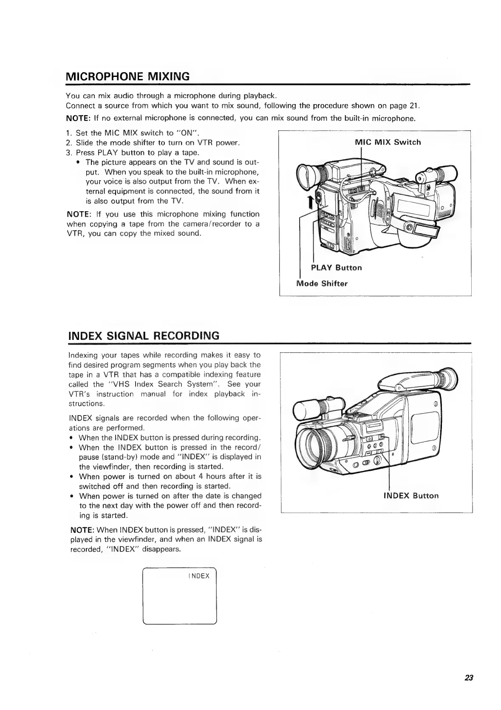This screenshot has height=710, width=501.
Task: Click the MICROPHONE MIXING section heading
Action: click(x=127, y=77)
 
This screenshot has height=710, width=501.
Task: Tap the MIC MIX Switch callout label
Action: click(x=387, y=142)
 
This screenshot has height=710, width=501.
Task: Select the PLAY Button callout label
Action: click(x=336, y=268)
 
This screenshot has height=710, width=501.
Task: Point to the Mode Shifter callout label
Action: click(x=322, y=283)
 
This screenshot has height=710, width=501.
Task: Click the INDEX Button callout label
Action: click(x=410, y=495)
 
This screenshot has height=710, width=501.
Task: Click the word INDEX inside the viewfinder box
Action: click(x=199, y=576)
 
